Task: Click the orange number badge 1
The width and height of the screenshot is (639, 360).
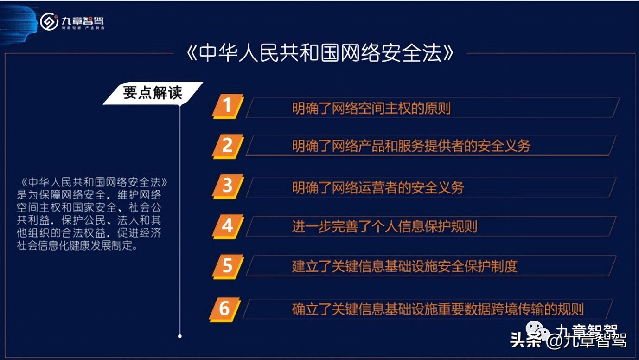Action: (227, 106)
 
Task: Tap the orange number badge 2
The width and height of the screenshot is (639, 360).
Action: (227, 146)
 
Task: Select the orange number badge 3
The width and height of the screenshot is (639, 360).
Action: (227, 186)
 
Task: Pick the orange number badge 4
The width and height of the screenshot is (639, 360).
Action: (227, 226)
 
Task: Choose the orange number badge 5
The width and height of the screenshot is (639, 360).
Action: (227, 266)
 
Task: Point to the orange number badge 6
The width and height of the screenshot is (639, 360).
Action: (225, 309)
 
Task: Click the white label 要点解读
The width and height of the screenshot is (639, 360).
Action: (153, 93)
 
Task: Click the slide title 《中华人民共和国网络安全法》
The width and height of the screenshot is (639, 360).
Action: (319, 54)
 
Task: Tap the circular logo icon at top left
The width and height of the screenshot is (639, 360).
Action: (49, 21)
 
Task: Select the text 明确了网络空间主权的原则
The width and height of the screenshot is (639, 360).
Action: (371, 109)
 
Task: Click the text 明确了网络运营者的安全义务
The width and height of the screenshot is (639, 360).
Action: (378, 187)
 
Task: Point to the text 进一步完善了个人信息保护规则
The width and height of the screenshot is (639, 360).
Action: (384, 226)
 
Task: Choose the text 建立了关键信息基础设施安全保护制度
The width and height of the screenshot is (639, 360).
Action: (404, 266)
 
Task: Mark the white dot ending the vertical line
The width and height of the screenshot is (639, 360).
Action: (180, 336)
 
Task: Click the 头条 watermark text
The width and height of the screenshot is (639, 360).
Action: (525, 341)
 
